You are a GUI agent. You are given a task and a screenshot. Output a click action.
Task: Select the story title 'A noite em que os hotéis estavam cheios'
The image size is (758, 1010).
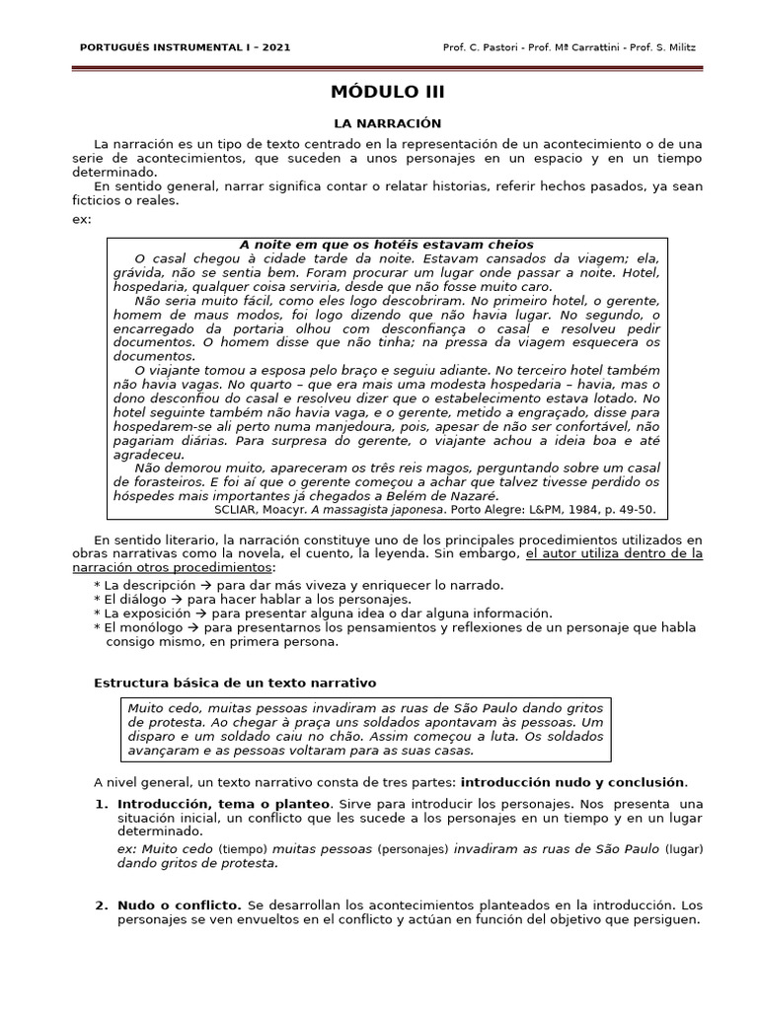click(386, 245)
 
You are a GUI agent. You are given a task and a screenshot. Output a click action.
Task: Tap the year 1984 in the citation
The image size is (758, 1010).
click(567, 510)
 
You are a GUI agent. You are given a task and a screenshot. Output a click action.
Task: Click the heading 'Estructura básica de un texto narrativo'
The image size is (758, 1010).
click(234, 683)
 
